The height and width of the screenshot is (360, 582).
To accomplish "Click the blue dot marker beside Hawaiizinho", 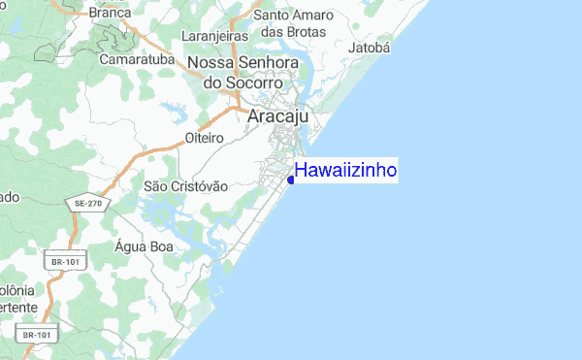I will click(291, 179).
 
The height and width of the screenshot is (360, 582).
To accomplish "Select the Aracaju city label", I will click(278, 116).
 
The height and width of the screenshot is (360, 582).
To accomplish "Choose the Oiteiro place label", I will click(205, 139).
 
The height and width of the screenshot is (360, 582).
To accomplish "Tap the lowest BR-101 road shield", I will click(37, 335).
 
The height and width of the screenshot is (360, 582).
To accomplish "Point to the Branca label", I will click(110, 13).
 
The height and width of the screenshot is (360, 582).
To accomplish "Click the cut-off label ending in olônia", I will click(16, 290).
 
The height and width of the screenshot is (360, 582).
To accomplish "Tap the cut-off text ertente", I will click(18, 307).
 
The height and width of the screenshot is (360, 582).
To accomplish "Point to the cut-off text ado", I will click(9, 197).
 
